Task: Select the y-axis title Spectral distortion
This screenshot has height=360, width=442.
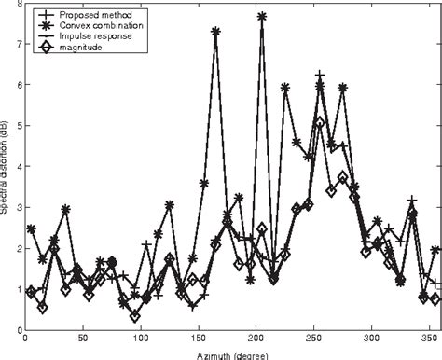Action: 6,168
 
